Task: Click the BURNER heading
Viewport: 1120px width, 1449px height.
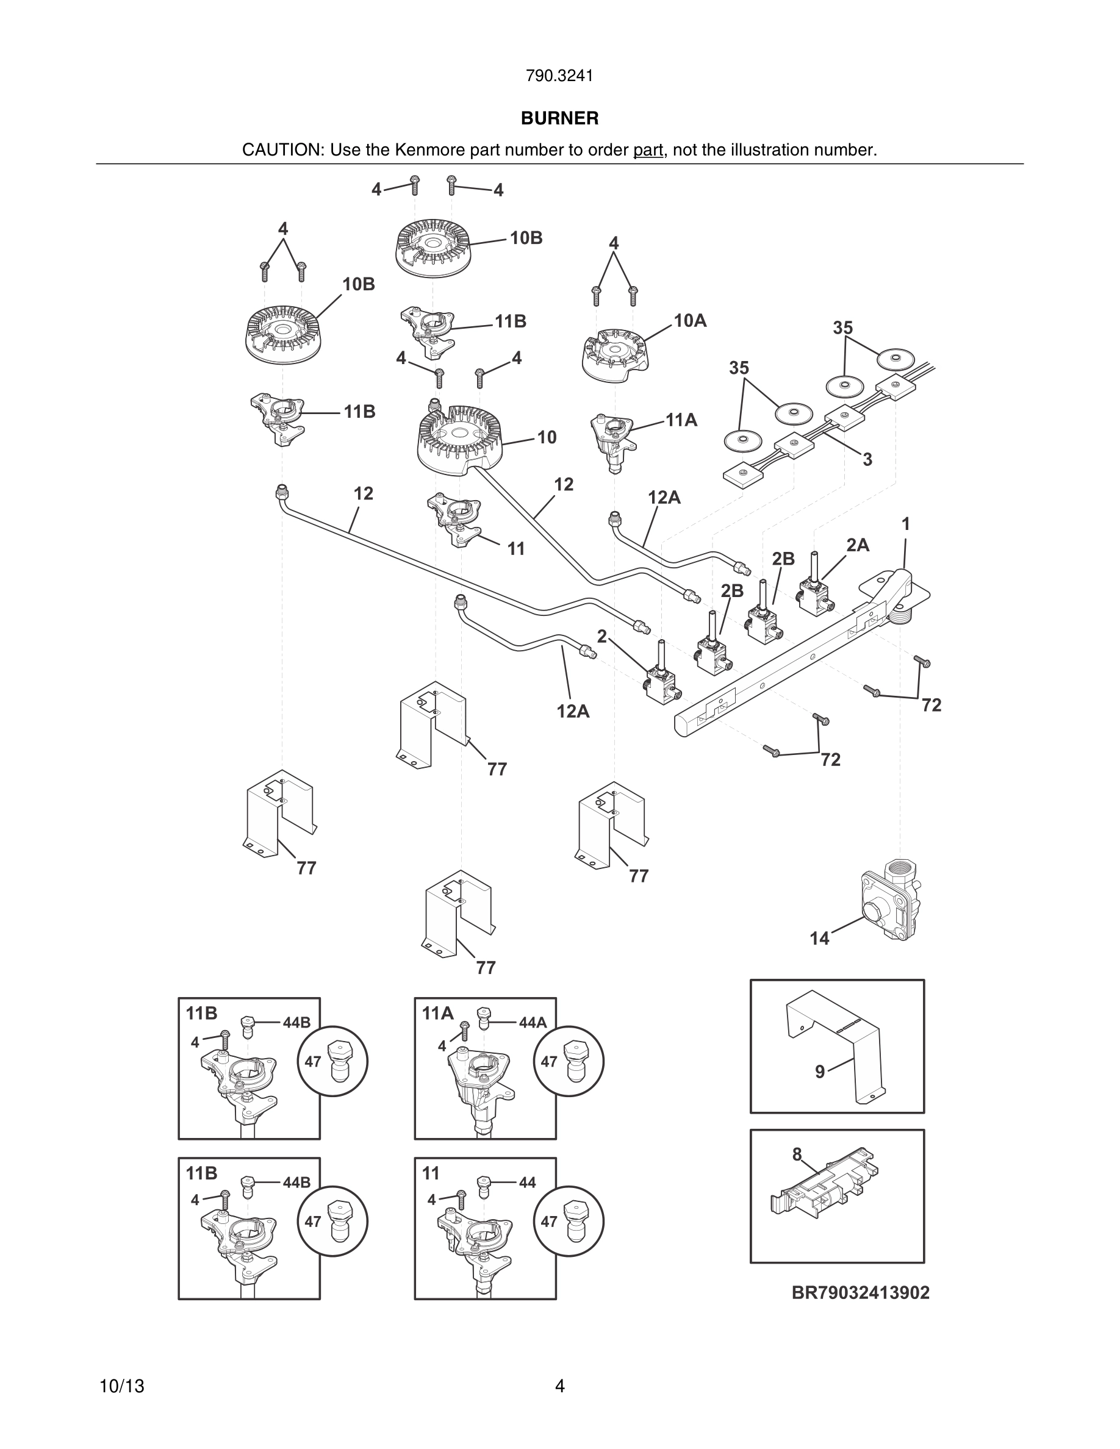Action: pyautogui.click(x=559, y=118)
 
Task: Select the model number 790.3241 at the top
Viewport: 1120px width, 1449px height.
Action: pyautogui.click(x=559, y=76)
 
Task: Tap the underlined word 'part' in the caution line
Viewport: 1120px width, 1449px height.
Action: pyautogui.click(x=648, y=150)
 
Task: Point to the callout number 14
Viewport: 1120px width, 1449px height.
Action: pyautogui.click(x=819, y=938)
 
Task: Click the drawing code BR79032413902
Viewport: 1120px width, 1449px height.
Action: pyautogui.click(x=861, y=1292)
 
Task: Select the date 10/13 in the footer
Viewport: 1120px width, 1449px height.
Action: pyautogui.click(x=121, y=1386)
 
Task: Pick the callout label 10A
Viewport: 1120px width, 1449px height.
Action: pyautogui.click(x=690, y=321)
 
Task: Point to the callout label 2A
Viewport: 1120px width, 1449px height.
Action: pyautogui.click(x=857, y=545)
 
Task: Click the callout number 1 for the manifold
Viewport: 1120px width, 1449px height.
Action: pyautogui.click(x=906, y=524)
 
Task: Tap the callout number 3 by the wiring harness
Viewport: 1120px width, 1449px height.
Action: pyautogui.click(x=867, y=459)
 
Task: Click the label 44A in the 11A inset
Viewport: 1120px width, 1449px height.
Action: pyautogui.click(x=532, y=1022)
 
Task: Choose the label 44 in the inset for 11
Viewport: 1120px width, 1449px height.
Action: pyautogui.click(x=528, y=1182)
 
